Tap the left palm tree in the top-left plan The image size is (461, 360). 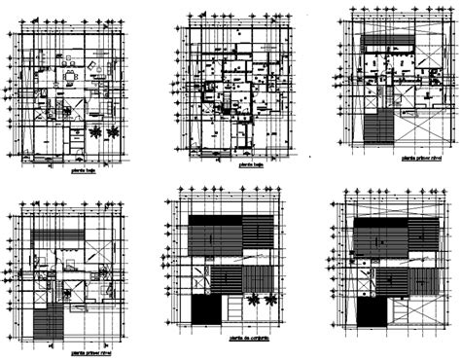94,132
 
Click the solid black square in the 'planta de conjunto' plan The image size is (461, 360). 206,310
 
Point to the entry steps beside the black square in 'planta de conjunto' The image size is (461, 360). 235,311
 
